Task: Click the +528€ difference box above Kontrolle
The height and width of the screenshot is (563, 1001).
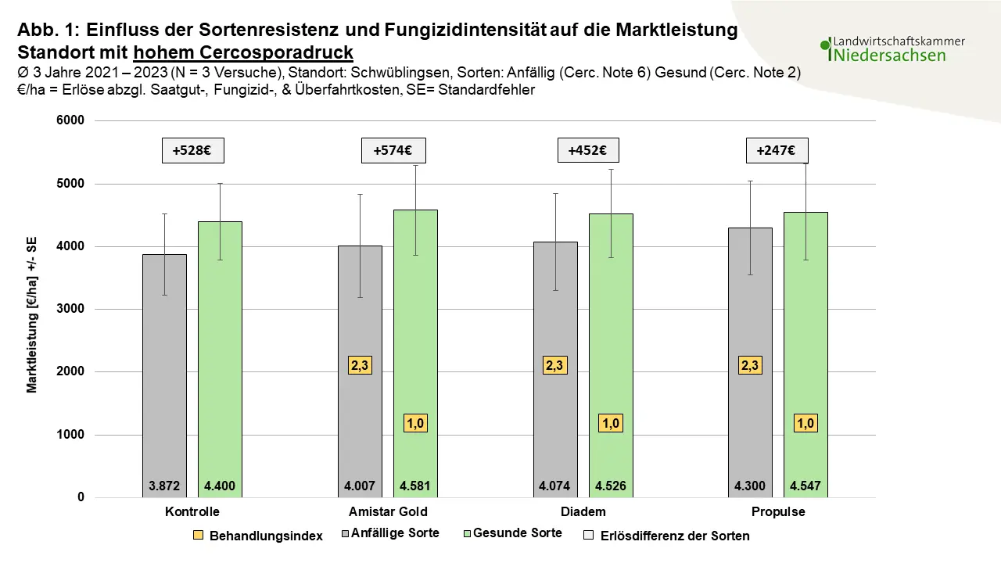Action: pyautogui.click(x=193, y=151)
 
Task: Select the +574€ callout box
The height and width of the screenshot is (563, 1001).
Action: pyautogui.click(x=393, y=151)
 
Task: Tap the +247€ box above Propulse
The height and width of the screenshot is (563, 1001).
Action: pyautogui.click(x=777, y=151)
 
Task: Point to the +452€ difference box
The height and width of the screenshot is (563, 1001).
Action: pyautogui.click(x=588, y=151)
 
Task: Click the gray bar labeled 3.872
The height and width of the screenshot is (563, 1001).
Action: pyautogui.click(x=164, y=376)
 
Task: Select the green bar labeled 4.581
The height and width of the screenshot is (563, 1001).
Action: pyautogui.click(x=415, y=353)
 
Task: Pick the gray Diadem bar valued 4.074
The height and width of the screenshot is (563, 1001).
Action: pyautogui.click(x=555, y=370)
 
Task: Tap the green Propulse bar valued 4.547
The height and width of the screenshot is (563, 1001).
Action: pyautogui.click(x=805, y=355)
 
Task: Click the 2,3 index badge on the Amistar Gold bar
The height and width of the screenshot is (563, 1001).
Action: pyautogui.click(x=360, y=365)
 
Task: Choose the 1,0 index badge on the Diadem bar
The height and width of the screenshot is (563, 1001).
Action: pyautogui.click(x=611, y=423)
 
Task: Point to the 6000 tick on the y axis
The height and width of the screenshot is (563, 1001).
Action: pyautogui.click(x=70, y=120)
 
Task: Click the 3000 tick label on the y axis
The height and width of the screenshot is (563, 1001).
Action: pyautogui.click(x=70, y=309)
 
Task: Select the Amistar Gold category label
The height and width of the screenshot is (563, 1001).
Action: pyautogui.click(x=388, y=511)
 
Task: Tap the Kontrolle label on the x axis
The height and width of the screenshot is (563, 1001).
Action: pyautogui.click(x=192, y=511)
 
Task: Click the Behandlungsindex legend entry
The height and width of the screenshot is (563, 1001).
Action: pyautogui.click(x=258, y=536)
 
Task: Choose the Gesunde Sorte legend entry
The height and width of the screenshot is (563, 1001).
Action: pyautogui.click(x=512, y=533)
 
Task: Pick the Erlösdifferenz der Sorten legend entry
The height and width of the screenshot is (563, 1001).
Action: pyautogui.click(x=667, y=536)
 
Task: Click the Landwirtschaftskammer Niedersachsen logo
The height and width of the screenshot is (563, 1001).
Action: pyautogui.click(x=892, y=49)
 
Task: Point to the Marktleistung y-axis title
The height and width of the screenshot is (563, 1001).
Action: pyautogui.click(x=32, y=315)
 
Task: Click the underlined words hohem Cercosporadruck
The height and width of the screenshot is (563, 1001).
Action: pyautogui.click(x=243, y=52)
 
